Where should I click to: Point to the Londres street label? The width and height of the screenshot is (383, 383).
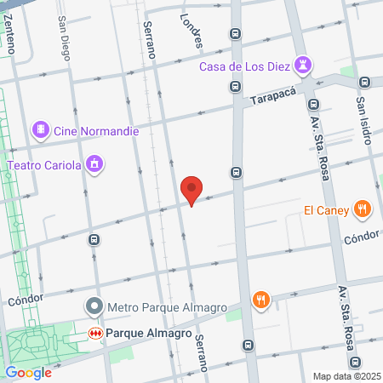pos(192,30)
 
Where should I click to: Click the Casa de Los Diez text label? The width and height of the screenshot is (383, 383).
pos(245,67)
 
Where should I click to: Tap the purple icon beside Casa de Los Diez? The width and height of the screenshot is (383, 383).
pos(304,66)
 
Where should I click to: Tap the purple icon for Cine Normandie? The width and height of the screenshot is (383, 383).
pos(39,130)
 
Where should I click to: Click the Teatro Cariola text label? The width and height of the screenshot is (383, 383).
pos(44,163)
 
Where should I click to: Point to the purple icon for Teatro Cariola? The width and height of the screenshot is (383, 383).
pos(95,163)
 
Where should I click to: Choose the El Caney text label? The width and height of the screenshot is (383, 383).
pos(324,209)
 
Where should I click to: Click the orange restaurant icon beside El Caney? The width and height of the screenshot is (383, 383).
pos(363,209)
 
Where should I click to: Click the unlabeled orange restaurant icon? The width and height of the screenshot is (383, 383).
pos(260,300)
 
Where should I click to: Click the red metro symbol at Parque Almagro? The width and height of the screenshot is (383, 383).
pos(97,333)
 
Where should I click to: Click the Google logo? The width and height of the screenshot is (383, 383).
pos(28,372)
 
